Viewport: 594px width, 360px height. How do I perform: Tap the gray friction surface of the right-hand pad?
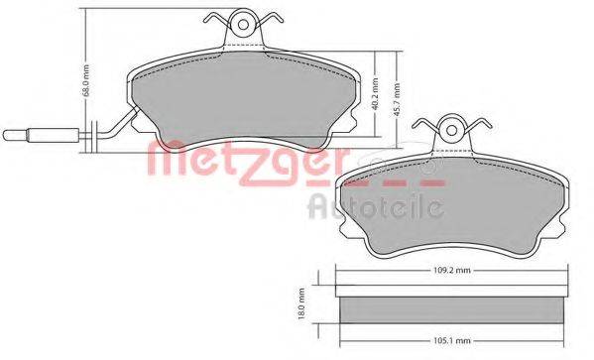click(451, 203)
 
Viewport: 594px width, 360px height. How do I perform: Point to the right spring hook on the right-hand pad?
click(481, 127)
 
